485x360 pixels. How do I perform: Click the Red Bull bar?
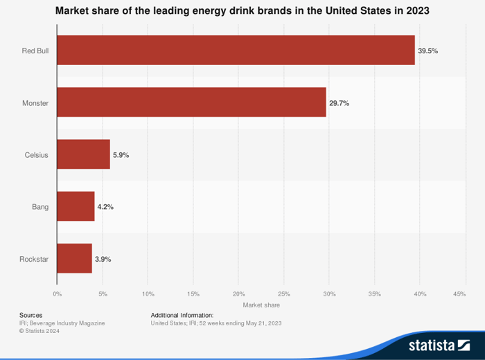tap(236, 51)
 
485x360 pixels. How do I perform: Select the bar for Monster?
tap(191, 102)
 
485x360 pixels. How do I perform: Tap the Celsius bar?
tap(83, 154)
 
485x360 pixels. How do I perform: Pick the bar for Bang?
tap(76, 206)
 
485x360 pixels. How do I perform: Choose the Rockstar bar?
tap(74, 258)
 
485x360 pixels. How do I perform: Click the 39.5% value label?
tap(427, 51)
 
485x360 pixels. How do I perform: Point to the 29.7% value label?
tap(339, 102)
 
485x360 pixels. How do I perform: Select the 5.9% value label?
tap(121, 155)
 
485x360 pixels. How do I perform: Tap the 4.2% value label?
tap(105, 207)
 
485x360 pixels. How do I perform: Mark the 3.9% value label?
tap(103, 259)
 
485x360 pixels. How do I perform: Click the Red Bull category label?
tap(35, 51)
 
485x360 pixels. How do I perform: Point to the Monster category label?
tap(35, 102)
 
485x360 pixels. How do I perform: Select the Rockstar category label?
tap(34, 259)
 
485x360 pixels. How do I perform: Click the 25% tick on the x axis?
tap(283, 294)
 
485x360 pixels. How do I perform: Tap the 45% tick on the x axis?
tap(459, 294)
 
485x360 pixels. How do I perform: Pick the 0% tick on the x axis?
tap(57, 294)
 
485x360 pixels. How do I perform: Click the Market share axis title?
tap(261, 305)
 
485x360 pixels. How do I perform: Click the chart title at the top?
tap(242, 11)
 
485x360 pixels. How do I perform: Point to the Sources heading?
tap(31, 315)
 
